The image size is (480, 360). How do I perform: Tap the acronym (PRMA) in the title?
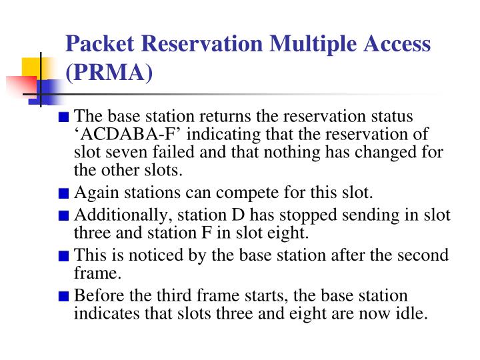110,73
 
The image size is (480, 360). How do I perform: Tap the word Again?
93,193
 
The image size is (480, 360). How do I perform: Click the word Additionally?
118,215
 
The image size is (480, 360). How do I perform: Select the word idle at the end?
411,313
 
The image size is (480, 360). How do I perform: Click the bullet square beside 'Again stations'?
63,195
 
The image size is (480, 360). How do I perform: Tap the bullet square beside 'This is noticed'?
63,257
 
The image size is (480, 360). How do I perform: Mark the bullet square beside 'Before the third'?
63,297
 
